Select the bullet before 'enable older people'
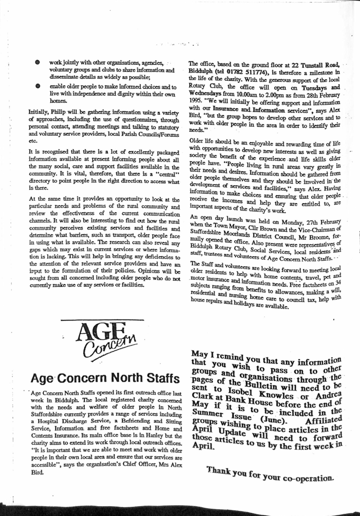point(38,87)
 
